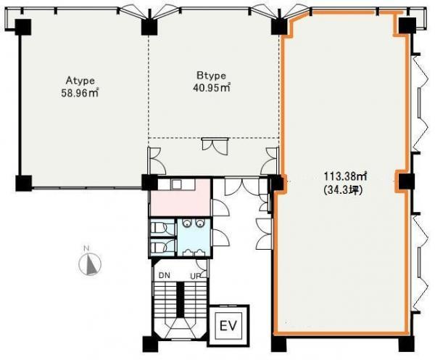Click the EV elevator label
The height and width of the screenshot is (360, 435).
coord(228,326)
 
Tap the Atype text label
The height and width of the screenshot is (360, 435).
coord(80,81)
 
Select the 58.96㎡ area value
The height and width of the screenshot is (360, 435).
coord(80,93)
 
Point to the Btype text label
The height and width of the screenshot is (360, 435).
coord(212,75)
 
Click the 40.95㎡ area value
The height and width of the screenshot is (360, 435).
coord(212,88)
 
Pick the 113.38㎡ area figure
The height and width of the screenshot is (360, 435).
coord(346,176)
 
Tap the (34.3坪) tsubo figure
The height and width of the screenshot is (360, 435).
coord(343,190)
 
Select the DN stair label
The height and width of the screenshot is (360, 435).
coord(165,276)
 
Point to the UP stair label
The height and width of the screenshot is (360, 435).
coord(196,276)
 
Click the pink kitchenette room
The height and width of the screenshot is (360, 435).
coord(180,197)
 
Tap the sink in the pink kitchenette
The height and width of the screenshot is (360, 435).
coord(176,184)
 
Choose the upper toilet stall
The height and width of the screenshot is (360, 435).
coord(162,228)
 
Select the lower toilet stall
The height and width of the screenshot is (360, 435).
coord(162,247)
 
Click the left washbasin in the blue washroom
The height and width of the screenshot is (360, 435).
coord(187,223)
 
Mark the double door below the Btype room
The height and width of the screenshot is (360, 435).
coord(215,146)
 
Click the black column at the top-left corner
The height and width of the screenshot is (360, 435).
coord(22,27)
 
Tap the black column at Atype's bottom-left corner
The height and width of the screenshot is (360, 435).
coord(24,183)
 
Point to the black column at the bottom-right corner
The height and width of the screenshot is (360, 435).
coord(406,345)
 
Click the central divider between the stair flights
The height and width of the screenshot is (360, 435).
coord(181,299)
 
